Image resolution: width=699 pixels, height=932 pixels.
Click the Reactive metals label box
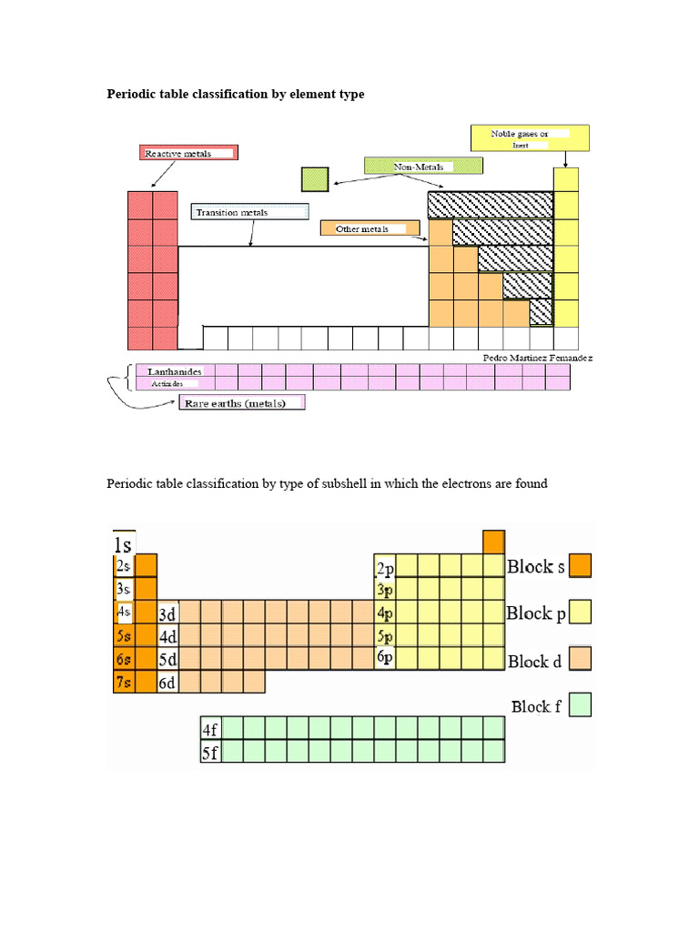coord(188,154)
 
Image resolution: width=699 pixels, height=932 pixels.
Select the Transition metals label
coord(250,213)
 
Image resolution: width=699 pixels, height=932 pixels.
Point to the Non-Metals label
coord(422,167)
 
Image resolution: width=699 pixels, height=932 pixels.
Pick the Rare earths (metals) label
coord(242,403)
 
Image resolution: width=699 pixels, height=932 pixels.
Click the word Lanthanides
coord(169,371)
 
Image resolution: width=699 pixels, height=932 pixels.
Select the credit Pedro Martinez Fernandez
coord(538,359)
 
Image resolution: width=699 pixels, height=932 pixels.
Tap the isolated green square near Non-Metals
coord(314,179)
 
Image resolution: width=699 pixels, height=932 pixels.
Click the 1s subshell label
coord(123,545)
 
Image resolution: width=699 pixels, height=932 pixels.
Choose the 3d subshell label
coord(168,613)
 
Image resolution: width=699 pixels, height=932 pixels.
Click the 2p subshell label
coord(385,568)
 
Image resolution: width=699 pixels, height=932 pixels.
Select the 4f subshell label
coord(210,729)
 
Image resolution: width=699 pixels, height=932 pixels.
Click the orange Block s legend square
coord(581,566)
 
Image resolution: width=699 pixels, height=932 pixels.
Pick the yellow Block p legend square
coord(581,612)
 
